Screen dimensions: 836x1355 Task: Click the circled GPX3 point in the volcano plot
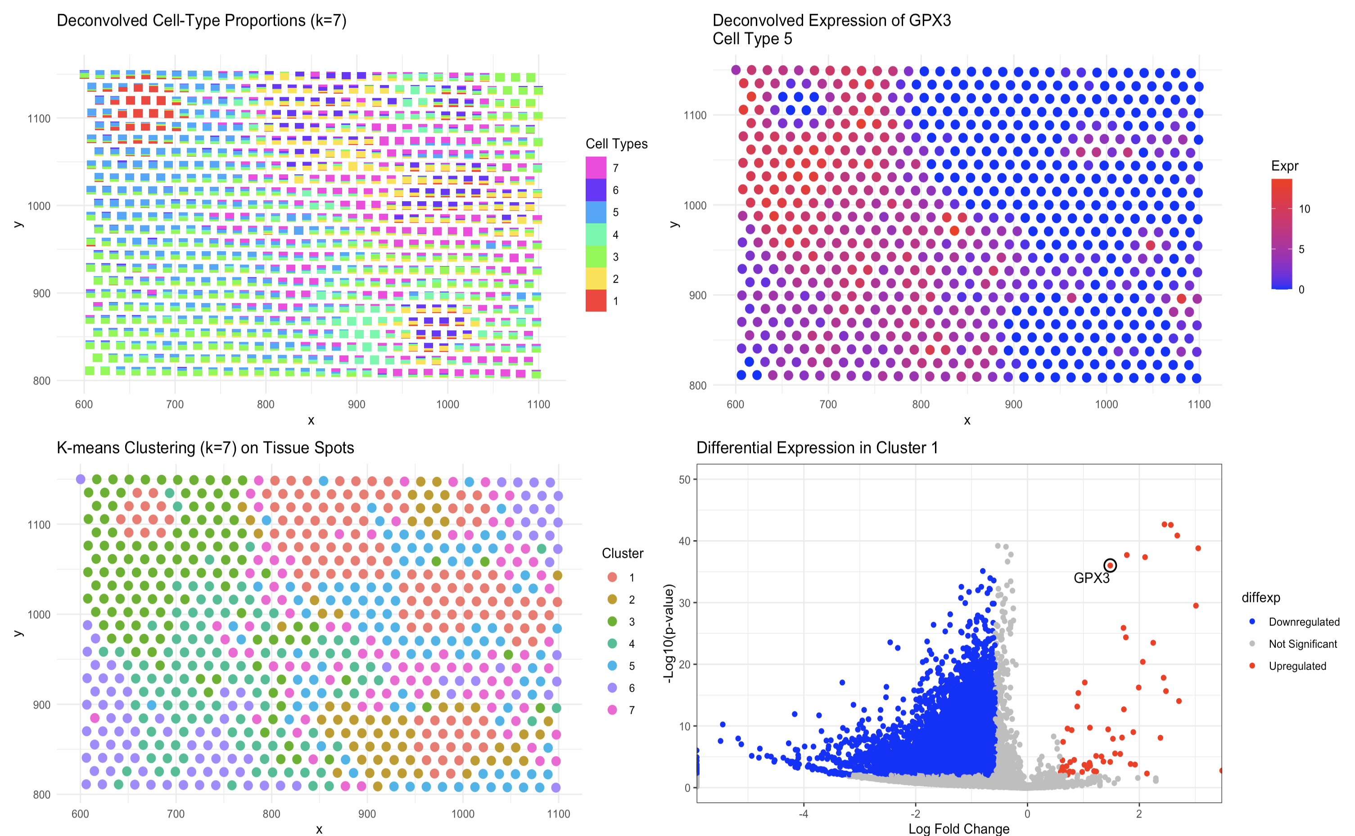[1110, 565]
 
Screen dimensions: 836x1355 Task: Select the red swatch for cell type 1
[596, 301]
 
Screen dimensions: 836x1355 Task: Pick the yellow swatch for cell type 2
[596, 279]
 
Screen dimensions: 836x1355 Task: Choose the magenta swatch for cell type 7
[596, 167]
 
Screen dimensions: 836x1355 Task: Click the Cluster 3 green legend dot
[612, 621]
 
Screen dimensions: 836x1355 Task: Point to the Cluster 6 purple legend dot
[612, 688]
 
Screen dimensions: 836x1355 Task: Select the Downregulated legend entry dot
[1252, 621]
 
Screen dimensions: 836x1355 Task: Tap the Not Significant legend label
[1302, 644]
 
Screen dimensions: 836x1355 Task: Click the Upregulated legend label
[1297, 666]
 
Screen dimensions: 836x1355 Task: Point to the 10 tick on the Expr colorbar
[1304, 209]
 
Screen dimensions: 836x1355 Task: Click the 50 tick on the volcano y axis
[684, 479]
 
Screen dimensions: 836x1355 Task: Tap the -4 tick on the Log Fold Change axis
[803, 814]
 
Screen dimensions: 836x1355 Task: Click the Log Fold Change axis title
[958, 828]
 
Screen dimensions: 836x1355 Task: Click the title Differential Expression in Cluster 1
[817, 447]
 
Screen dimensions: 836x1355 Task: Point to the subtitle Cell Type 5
[752, 39]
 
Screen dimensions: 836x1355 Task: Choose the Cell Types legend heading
[616, 144]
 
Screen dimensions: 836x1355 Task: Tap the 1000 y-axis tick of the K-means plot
[38, 615]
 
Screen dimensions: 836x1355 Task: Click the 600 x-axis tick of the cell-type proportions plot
[84, 404]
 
